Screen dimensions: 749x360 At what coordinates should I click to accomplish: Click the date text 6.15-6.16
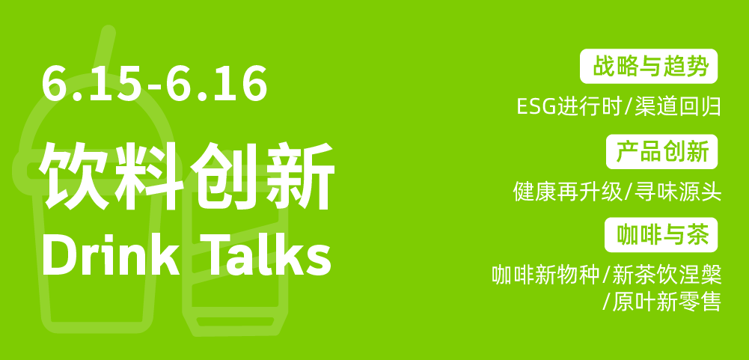click(x=154, y=83)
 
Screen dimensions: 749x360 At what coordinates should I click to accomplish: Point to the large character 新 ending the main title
click(x=298, y=175)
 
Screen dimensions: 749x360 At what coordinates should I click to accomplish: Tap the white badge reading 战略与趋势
click(x=649, y=66)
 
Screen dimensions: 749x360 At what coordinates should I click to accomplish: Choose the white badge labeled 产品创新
click(x=661, y=151)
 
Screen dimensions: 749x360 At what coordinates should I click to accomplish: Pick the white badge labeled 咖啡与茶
click(x=661, y=235)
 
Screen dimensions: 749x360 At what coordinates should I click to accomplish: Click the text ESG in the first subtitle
click(x=537, y=106)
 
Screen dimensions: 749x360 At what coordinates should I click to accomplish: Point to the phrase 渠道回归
click(x=678, y=106)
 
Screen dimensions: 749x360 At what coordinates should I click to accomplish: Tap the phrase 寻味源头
click(x=678, y=192)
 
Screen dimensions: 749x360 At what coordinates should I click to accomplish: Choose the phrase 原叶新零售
click(x=667, y=302)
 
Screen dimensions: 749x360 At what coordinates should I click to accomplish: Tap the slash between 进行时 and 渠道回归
click(x=629, y=106)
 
